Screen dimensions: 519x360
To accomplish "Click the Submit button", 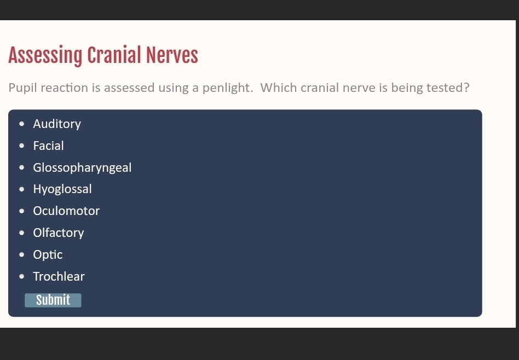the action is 53,300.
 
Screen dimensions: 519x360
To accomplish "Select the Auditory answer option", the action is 57,124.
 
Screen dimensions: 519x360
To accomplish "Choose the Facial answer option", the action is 48,146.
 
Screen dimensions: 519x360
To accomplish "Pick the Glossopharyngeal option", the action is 83,168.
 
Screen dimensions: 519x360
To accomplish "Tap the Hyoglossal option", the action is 62,189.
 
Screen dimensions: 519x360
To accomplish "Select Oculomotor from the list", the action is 66,211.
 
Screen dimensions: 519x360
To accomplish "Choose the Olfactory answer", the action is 59,233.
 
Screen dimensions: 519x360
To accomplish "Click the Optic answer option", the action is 48,255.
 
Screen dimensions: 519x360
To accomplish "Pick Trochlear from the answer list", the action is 59,276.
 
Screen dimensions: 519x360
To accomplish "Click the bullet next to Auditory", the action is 22,124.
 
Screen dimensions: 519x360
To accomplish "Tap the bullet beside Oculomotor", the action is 22,211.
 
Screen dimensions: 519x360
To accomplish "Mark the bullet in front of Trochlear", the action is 22,276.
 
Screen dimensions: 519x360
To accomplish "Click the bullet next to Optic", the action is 22,254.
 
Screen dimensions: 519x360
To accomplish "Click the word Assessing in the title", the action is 45,56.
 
